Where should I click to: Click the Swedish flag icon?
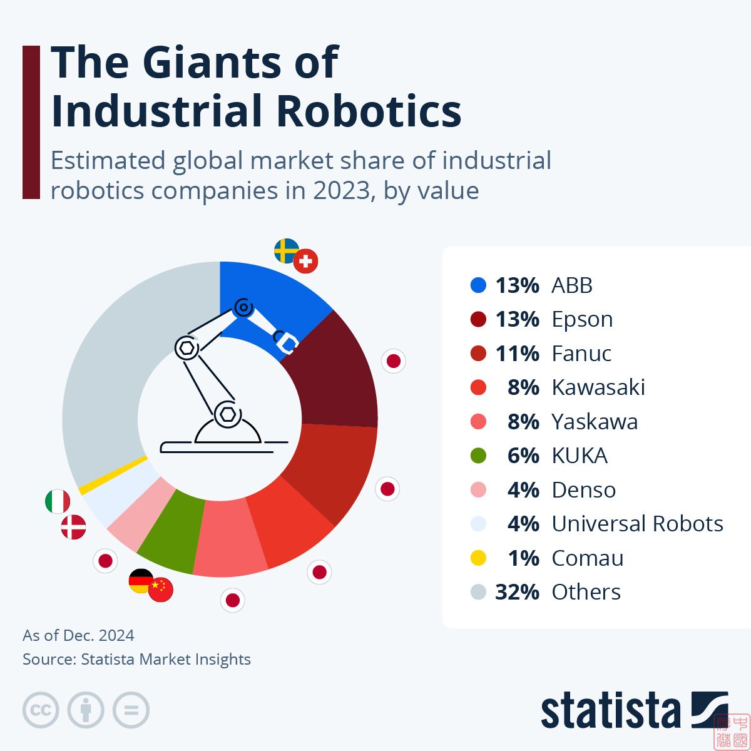(x=285, y=250)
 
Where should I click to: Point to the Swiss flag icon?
(x=305, y=262)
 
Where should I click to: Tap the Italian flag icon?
(x=58, y=501)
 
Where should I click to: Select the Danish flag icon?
(x=73, y=528)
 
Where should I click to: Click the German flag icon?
(x=140, y=580)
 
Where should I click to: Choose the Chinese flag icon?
(x=161, y=590)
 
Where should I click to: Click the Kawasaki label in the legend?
(x=598, y=387)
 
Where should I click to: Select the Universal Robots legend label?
(x=637, y=524)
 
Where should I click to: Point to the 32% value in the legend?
(x=517, y=592)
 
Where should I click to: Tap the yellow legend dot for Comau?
(x=478, y=558)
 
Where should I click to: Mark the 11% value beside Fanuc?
(x=517, y=354)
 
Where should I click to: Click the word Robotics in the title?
(x=368, y=111)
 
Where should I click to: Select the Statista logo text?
(x=610, y=712)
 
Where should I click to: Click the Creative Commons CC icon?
(x=41, y=710)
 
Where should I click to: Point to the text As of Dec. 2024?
(x=78, y=635)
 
